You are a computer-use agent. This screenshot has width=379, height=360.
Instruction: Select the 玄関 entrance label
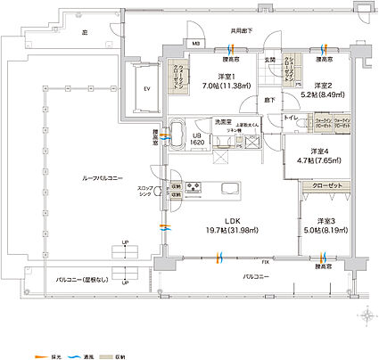point(268,60)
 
